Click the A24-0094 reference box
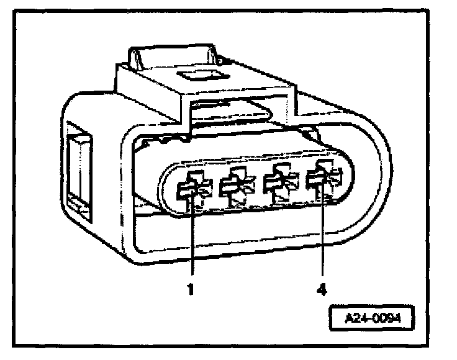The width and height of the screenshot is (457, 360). [371, 321]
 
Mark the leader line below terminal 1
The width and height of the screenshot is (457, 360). [193, 242]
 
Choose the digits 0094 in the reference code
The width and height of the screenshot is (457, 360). [383, 321]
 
